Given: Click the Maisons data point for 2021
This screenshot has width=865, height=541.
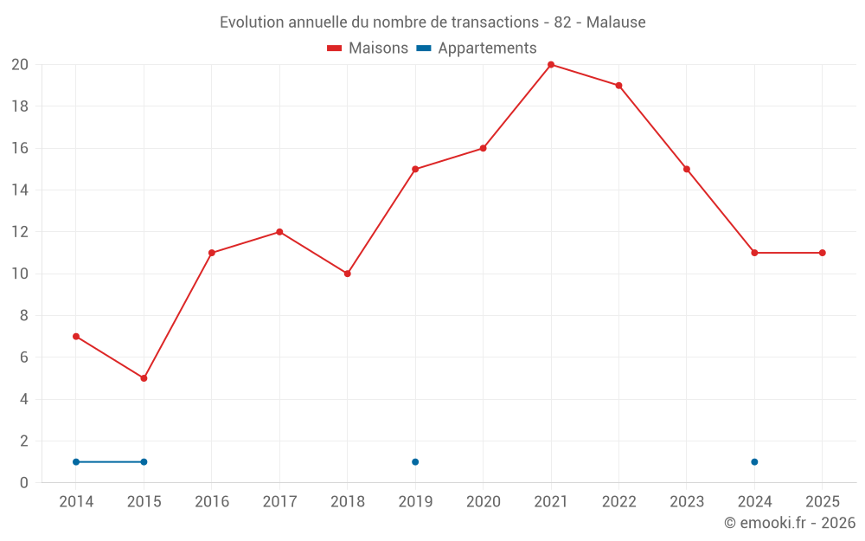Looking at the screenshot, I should pos(551,65).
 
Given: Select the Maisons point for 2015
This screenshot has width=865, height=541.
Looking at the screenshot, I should pos(144,378).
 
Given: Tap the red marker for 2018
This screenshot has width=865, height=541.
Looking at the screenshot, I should pos(347,274).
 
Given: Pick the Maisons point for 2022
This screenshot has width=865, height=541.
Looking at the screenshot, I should pos(618,86).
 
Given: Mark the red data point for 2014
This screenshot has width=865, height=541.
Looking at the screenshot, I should pos(76,336).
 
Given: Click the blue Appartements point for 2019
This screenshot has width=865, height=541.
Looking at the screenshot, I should pos(415,461).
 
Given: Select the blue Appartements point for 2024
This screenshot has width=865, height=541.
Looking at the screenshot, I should pos(754,461).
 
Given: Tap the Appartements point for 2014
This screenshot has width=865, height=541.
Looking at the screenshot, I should pos(76,461).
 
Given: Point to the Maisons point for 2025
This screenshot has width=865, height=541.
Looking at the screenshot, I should pos(822,253).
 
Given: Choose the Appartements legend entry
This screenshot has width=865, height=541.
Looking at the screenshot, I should pos(487,48).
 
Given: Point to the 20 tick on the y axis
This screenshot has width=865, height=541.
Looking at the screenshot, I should pos(20,65).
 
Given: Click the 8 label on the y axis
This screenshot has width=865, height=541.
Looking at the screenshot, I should pos(24,316).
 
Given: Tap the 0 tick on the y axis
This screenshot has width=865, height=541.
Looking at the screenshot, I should pos(24,483).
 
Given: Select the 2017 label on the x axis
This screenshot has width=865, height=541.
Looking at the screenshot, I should pos(279,502).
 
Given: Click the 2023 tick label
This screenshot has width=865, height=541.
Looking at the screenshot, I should pos(687,502).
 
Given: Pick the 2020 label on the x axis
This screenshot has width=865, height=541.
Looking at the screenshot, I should pos(483,502).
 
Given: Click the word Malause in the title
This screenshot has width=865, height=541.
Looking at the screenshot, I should pos(616,23).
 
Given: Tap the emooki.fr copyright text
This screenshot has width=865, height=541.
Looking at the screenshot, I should pos(790,523).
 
